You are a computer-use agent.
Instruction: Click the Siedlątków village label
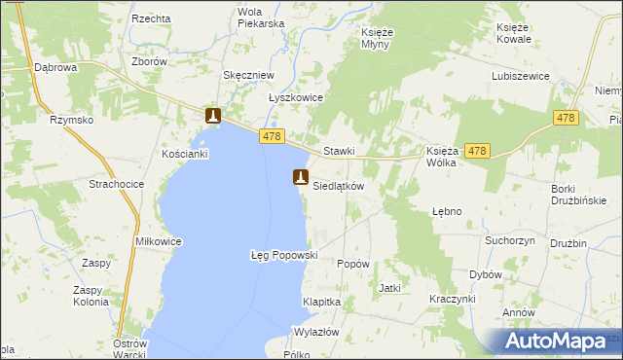tap(338, 186)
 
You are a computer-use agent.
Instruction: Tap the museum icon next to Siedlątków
tap(300, 178)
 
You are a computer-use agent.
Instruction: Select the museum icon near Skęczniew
tap(213, 117)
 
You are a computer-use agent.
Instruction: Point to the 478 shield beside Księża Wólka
tap(476, 151)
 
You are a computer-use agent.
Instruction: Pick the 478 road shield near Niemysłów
tap(566, 118)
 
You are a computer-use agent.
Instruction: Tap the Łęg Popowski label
tap(284, 255)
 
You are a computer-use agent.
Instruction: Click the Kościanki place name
tap(185, 155)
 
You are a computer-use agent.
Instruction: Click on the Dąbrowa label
tap(55, 68)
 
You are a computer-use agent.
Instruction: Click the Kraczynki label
tap(454, 300)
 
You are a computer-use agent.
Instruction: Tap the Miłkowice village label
tap(132, 240)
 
